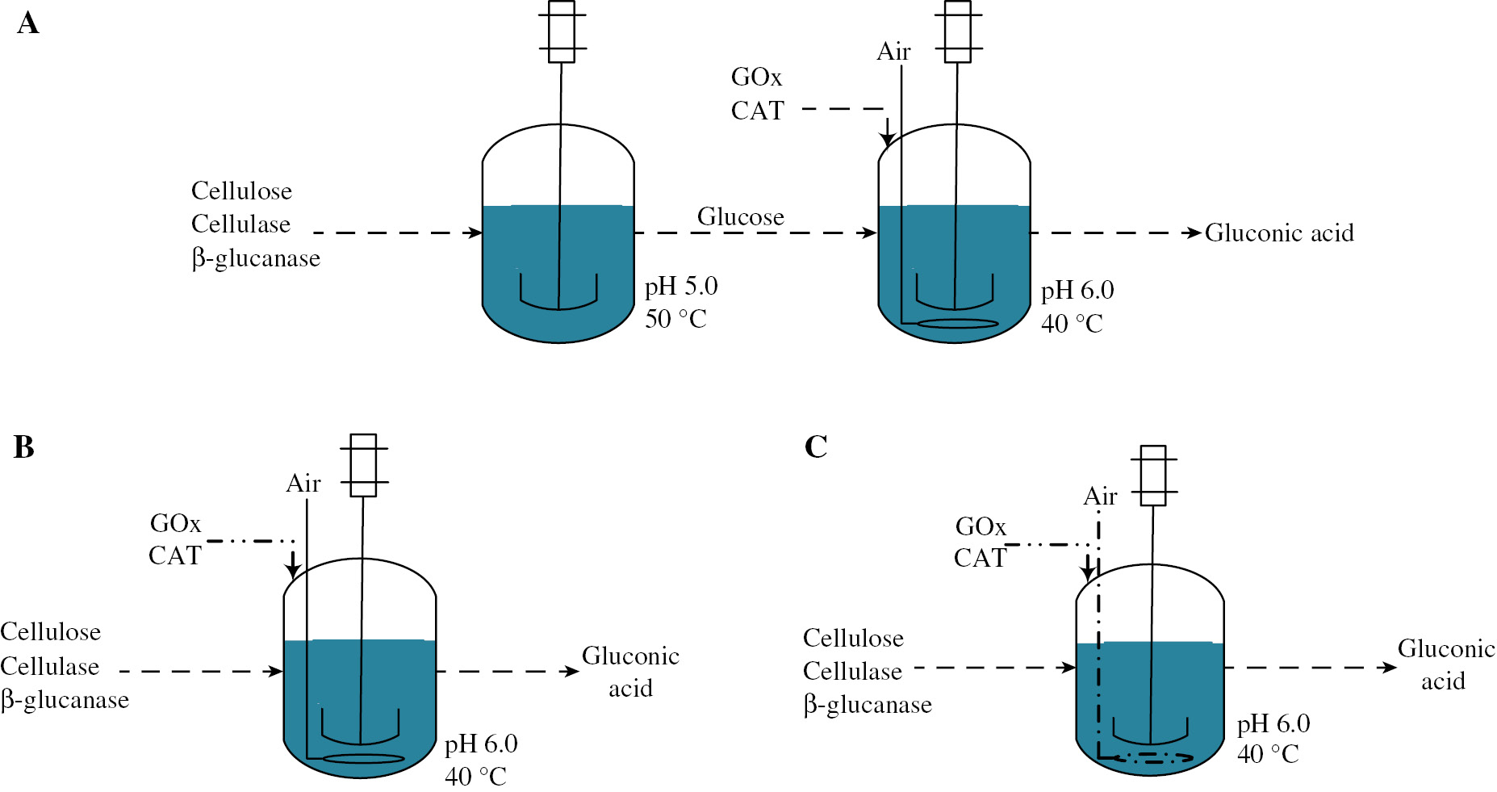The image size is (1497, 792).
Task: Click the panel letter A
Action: tap(27, 23)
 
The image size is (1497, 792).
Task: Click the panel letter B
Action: tap(24, 446)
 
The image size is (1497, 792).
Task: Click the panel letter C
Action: tap(816, 446)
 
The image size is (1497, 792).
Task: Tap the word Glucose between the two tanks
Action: tap(741, 216)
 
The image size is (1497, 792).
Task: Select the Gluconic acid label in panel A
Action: tap(1279, 233)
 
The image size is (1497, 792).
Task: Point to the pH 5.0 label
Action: tap(681, 286)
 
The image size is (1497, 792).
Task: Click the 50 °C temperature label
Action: tap(675, 319)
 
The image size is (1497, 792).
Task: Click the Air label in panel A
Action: tap(893, 52)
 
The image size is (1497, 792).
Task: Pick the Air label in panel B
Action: tap(303, 483)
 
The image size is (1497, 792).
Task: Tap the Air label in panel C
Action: tap(1100, 496)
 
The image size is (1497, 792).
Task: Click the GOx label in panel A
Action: tap(756, 77)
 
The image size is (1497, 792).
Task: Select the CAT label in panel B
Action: tap(174, 555)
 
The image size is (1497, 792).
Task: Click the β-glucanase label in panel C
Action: tap(868, 705)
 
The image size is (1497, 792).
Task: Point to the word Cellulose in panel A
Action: tap(241, 191)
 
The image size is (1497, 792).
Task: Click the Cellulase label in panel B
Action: tap(50, 666)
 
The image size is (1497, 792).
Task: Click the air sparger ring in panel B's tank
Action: tap(363, 759)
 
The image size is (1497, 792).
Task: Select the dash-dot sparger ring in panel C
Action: tap(1152, 757)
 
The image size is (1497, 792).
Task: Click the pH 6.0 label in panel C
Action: tap(1273, 723)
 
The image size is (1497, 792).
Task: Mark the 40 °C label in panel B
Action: tap(475, 777)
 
